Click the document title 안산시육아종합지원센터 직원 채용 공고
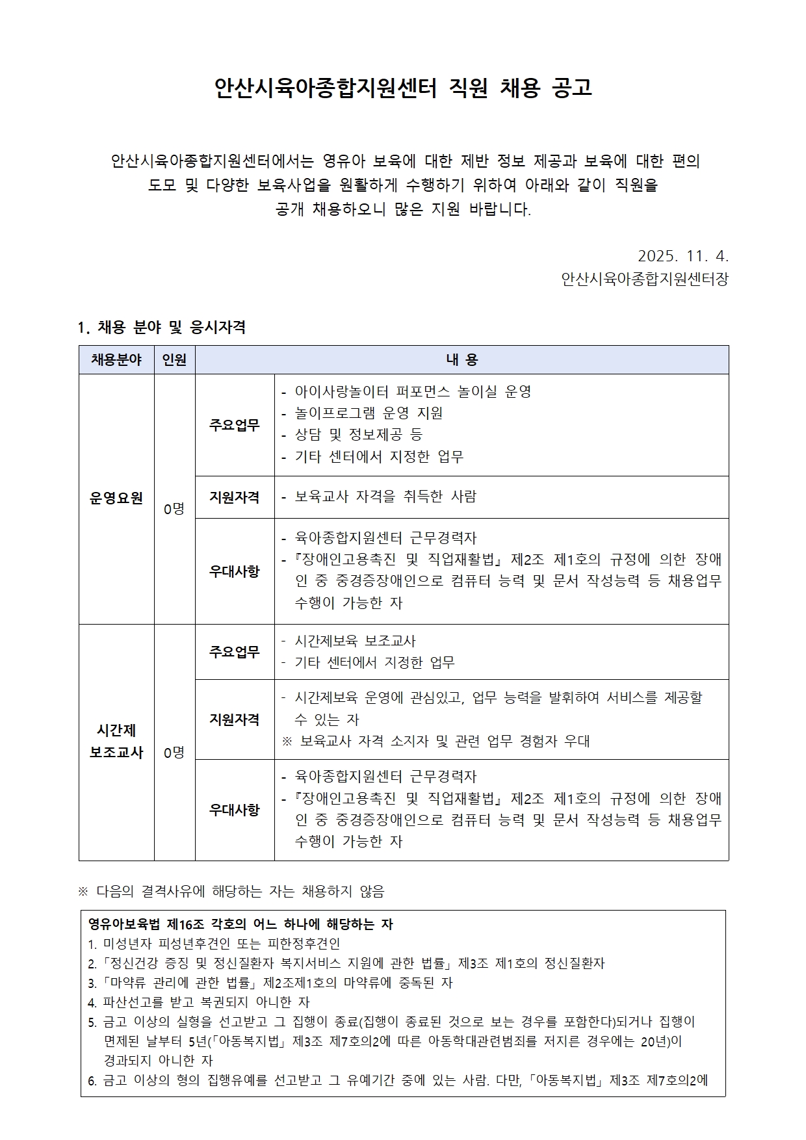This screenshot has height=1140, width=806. pos(403,88)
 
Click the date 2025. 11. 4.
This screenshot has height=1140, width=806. pos(683,255)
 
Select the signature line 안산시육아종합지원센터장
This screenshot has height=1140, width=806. pos(645,279)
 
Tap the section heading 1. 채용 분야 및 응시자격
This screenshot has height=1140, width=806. pos(161,327)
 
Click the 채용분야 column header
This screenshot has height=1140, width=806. pos(116,360)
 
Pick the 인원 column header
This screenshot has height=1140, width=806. pos(174,360)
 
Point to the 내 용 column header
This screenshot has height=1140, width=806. pos(461,360)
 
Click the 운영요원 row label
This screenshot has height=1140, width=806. pos(116,498)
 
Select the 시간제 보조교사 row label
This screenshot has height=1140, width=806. pos(116,742)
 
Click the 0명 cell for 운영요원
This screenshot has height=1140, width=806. pos(174,509)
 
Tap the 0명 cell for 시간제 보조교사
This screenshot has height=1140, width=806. pos(174,753)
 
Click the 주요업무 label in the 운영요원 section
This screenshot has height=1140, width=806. pos(234,425)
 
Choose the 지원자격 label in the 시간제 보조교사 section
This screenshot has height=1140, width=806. pos(234,719)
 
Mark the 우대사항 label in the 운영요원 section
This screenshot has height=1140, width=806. pos(234,571)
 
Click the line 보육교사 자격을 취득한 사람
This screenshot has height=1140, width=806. pos(385,497)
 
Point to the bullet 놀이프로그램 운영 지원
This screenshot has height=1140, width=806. pos(369,413)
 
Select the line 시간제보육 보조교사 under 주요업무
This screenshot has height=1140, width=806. pos(355,641)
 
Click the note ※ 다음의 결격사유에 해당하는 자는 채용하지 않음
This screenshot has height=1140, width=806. pos(231,892)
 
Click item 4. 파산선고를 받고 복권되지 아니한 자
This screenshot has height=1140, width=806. pos(199,1002)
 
